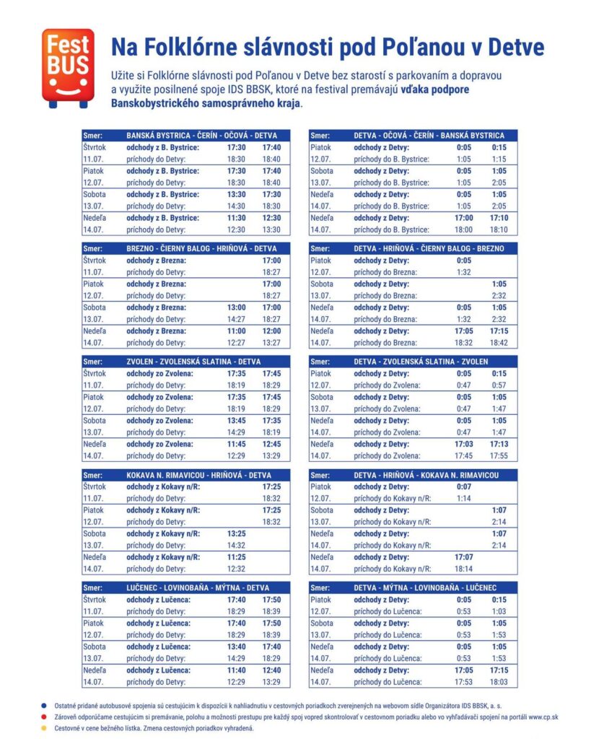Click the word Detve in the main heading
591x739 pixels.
pos(515,48)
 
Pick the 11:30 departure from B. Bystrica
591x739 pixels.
pos(237,218)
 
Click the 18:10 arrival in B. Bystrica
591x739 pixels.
pos(499,229)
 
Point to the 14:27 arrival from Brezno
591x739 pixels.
pos(237,319)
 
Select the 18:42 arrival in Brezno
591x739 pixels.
pos(499,343)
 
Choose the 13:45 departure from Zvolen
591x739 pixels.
pos(237,421)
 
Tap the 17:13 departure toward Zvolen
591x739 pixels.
pos(499,444)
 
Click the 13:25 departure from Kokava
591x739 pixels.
pos(237,533)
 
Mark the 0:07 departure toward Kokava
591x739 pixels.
pos(464,486)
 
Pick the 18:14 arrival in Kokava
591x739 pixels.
pos(464,569)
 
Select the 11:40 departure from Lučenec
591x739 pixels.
pos(237,670)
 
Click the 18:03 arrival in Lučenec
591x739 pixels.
pos(499,682)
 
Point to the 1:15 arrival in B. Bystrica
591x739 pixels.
pos(499,159)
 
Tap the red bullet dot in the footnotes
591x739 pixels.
pos(44,717)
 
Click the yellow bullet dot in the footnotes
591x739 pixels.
pos(44,728)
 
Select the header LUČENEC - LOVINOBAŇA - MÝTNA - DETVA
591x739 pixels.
pos(198,587)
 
